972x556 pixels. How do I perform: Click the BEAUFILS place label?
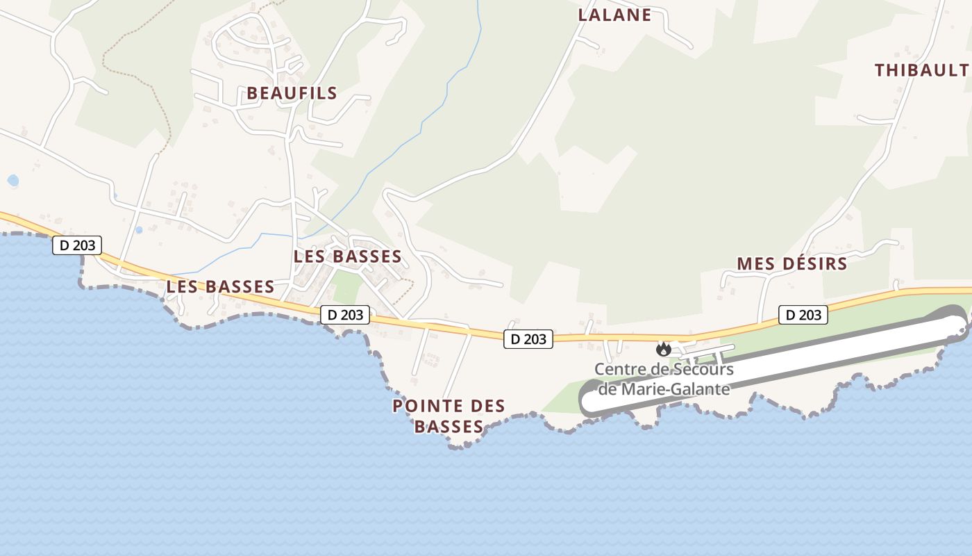(x=292, y=93)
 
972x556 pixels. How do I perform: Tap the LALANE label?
(x=614, y=15)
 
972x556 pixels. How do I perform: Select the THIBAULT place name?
(x=921, y=70)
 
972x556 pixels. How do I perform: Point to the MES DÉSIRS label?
(x=792, y=264)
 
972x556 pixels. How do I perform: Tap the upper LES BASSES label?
(x=347, y=256)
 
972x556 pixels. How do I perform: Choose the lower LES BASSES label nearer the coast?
(x=220, y=286)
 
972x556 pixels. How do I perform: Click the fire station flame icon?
(x=664, y=349)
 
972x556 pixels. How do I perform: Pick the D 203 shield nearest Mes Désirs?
(x=803, y=315)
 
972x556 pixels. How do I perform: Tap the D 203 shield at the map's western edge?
(x=77, y=245)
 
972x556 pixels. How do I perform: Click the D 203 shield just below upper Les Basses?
(x=345, y=315)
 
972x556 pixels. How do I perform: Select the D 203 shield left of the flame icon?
(x=528, y=339)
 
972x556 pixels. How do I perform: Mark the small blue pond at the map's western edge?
(x=12, y=181)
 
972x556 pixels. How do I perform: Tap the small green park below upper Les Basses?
(x=345, y=287)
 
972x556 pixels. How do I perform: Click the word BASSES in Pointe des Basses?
(x=449, y=426)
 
